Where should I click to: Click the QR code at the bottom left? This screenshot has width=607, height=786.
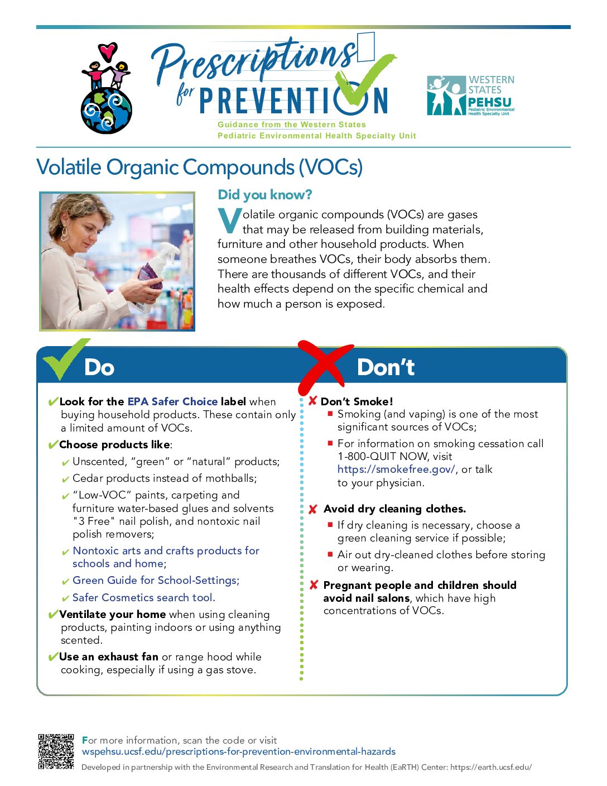(x=56, y=751)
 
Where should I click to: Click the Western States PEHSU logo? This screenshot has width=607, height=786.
(x=470, y=95)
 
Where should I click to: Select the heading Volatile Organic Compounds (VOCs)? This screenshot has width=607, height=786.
(x=199, y=167)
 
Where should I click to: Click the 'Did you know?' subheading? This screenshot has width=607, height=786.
(x=264, y=194)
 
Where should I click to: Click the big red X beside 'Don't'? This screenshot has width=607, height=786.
(x=324, y=365)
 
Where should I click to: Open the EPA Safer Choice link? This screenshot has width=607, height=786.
(x=172, y=401)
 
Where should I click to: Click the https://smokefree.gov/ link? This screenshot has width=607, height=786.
(x=396, y=469)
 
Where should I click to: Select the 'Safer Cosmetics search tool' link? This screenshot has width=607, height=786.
(x=143, y=597)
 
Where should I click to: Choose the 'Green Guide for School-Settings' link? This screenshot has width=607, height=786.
(x=156, y=581)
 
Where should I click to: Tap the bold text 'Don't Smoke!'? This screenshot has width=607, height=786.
(x=357, y=401)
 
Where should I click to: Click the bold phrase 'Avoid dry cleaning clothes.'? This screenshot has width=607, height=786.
(x=394, y=509)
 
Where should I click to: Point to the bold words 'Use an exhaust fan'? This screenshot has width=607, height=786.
(x=109, y=657)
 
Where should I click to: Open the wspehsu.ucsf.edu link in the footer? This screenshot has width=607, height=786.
(x=238, y=751)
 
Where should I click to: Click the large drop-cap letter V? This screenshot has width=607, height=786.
(x=229, y=221)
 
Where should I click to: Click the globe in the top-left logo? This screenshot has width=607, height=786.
(x=106, y=111)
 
